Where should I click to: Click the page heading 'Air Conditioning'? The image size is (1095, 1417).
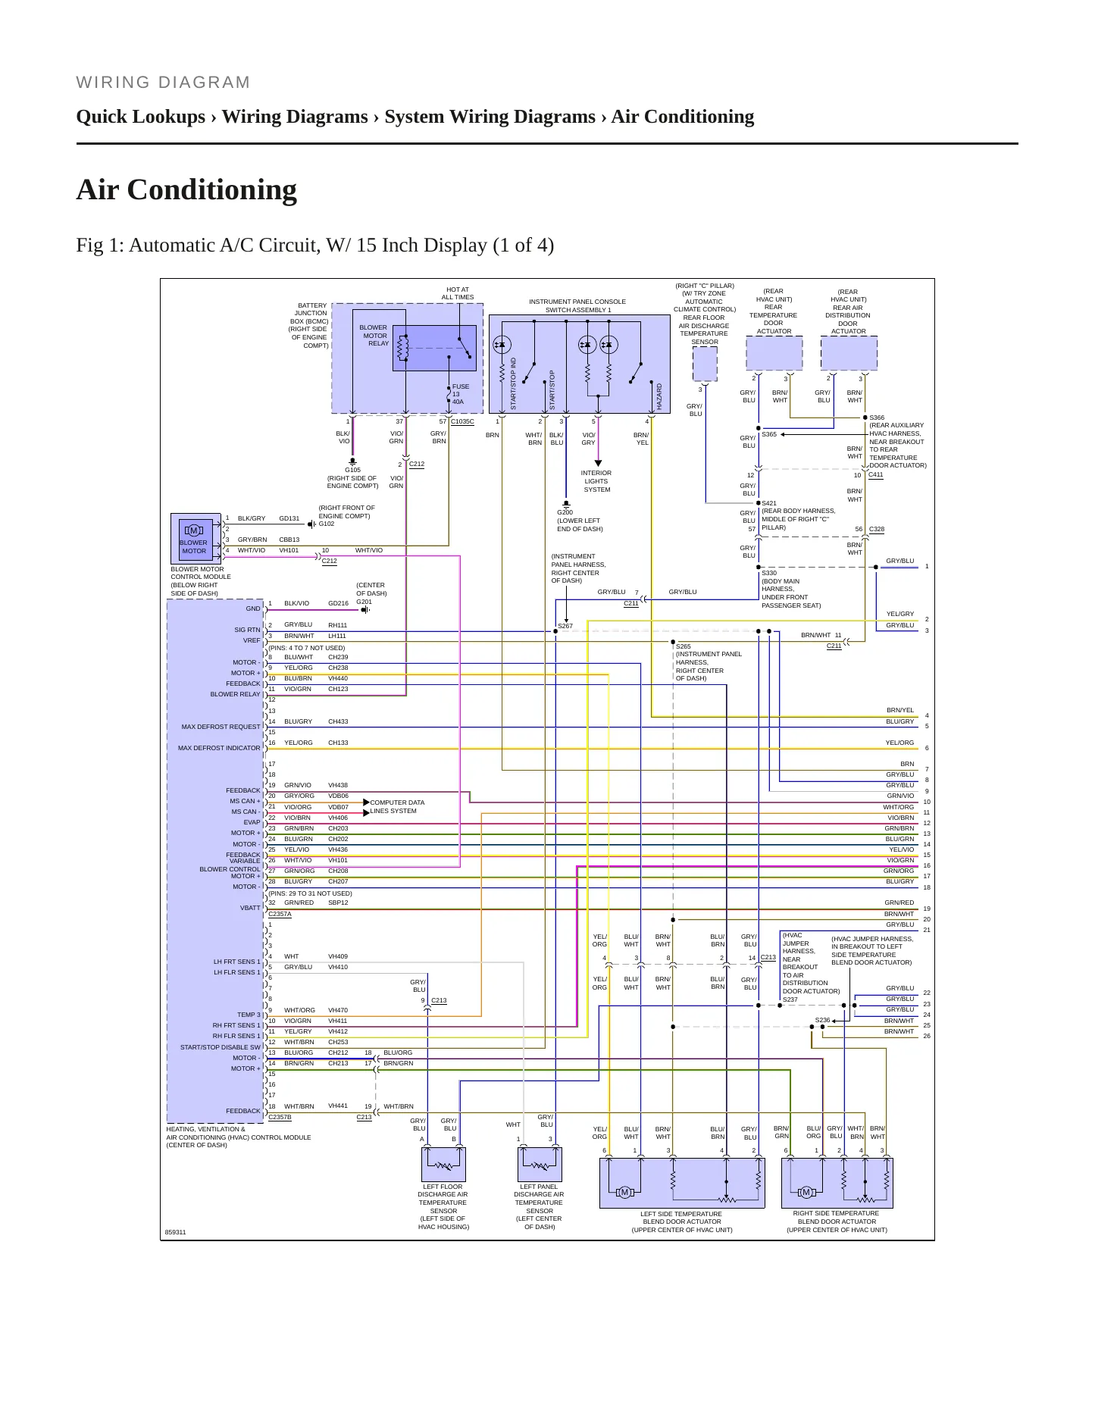pyautogui.click(x=186, y=189)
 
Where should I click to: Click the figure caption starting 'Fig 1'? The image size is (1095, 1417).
pyautogui.click(x=315, y=246)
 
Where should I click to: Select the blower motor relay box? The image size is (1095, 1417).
pyautogui.click(x=434, y=348)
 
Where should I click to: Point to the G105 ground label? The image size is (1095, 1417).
pyautogui.click(x=352, y=470)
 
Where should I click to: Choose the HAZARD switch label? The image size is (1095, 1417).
pyautogui.click(x=659, y=397)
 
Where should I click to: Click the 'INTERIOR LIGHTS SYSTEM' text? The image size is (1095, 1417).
pyautogui.click(x=596, y=481)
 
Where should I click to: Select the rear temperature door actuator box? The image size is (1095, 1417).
pyautogui.click(x=774, y=353)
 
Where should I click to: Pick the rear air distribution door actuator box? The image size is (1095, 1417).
pyautogui.click(x=849, y=353)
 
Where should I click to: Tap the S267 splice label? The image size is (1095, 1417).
pyautogui.click(x=565, y=626)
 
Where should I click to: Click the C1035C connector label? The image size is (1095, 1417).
pyautogui.click(x=462, y=421)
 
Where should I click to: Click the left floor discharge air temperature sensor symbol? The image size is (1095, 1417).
pyautogui.click(x=443, y=1165)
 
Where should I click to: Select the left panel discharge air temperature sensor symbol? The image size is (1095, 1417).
pyautogui.click(x=540, y=1165)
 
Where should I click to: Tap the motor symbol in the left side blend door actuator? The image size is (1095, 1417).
pyautogui.click(x=624, y=1193)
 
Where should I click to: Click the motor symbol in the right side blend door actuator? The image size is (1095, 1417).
pyautogui.click(x=806, y=1193)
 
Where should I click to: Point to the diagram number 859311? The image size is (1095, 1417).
pyautogui.click(x=175, y=1232)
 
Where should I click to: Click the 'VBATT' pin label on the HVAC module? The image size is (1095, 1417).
pyautogui.click(x=250, y=908)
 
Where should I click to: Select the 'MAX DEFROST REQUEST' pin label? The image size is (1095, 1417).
pyautogui.click(x=221, y=727)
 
